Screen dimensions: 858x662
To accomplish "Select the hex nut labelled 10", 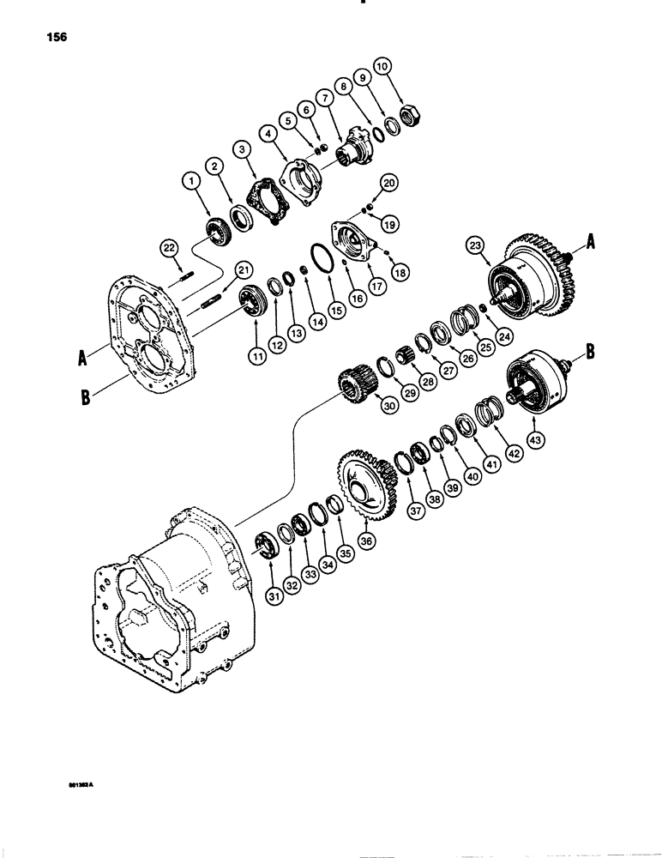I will (410, 112).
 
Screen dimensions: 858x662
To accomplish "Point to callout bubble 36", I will (367, 542).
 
